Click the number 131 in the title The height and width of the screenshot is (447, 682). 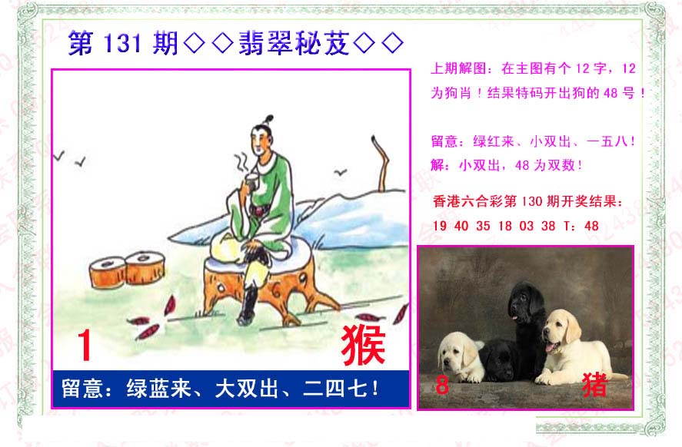click(x=122, y=44)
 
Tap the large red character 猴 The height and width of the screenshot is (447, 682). click(x=363, y=345)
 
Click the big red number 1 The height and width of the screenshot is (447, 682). click(x=85, y=345)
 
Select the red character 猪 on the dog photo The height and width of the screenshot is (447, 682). click(x=594, y=385)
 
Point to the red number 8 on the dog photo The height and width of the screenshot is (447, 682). click(x=442, y=385)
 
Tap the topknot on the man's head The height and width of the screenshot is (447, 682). click(x=268, y=119)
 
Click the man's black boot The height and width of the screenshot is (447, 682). click(x=248, y=306)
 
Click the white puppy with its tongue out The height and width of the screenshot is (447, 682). click(x=574, y=347)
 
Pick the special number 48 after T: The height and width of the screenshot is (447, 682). click(x=591, y=226)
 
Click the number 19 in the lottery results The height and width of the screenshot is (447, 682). click(x=439, y=226)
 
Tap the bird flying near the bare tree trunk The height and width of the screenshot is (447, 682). click(x=340, y=173)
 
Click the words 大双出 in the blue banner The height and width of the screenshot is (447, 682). click(x=246, y=388)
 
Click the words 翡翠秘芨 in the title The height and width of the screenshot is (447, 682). click(x=294, y=44)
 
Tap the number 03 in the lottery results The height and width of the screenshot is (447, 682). click(x=526, y=226)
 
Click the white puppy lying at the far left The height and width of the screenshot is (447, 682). click(x=460, y=357)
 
